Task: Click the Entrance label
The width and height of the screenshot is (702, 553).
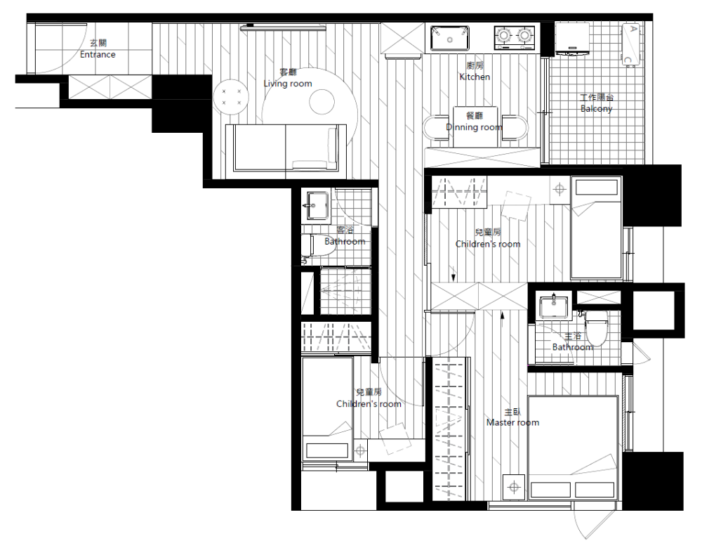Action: (98, 54)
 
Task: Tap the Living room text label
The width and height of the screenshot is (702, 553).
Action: (287, 84)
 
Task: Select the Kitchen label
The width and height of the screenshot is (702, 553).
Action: (475, 77)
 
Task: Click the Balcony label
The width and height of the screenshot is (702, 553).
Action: (596, 108)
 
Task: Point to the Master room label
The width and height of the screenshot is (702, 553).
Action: (512, 422)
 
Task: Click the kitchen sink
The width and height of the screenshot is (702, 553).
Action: (450, 38)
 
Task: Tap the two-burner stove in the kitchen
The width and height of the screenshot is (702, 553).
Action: (515, 37)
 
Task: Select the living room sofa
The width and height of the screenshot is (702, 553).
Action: (286, 148)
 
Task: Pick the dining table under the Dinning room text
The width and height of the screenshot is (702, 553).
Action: (475, 126)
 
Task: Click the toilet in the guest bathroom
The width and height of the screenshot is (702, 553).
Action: (318, 245)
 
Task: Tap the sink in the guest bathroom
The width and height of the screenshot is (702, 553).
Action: (316, 206)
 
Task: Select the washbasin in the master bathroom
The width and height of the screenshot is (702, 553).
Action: (555, 307)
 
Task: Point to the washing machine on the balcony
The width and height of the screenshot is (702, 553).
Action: (573, 39)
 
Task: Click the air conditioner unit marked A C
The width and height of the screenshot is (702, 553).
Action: (630, 44)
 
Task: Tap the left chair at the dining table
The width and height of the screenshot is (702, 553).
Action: (436, 128)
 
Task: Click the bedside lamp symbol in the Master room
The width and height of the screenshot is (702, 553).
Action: (514, 487)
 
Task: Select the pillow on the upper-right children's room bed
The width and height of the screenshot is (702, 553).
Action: (596, 188)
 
